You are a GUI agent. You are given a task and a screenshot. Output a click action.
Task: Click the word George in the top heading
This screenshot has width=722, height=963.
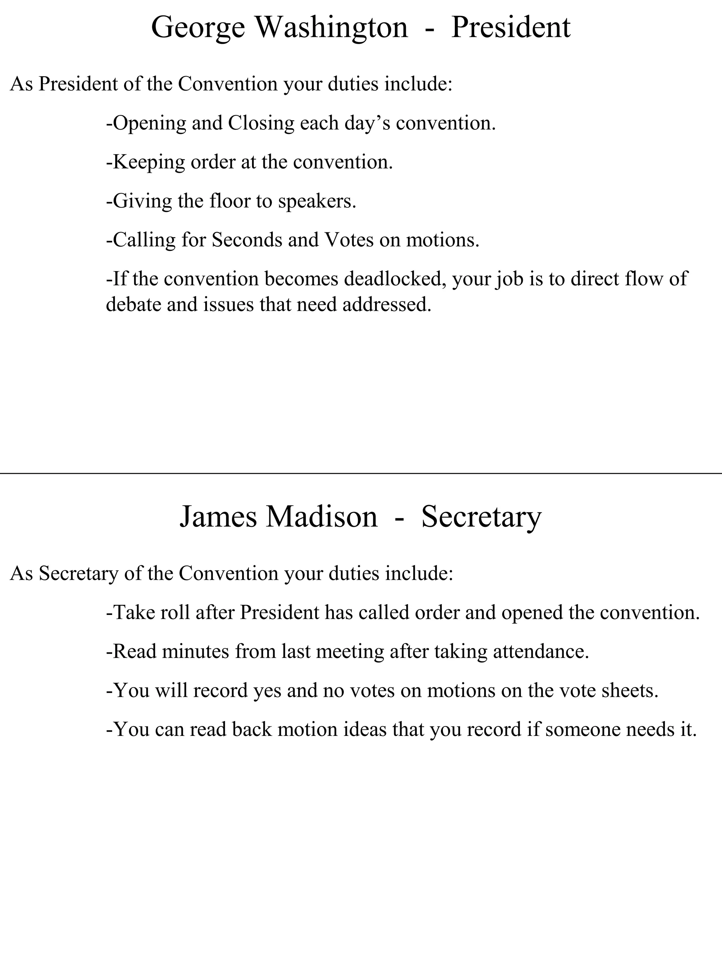198,28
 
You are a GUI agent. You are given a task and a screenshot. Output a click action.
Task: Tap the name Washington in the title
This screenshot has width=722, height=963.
332,28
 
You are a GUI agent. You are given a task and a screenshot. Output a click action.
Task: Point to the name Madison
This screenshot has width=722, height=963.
322,517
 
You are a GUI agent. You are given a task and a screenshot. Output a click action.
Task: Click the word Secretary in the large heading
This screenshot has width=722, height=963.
481,517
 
